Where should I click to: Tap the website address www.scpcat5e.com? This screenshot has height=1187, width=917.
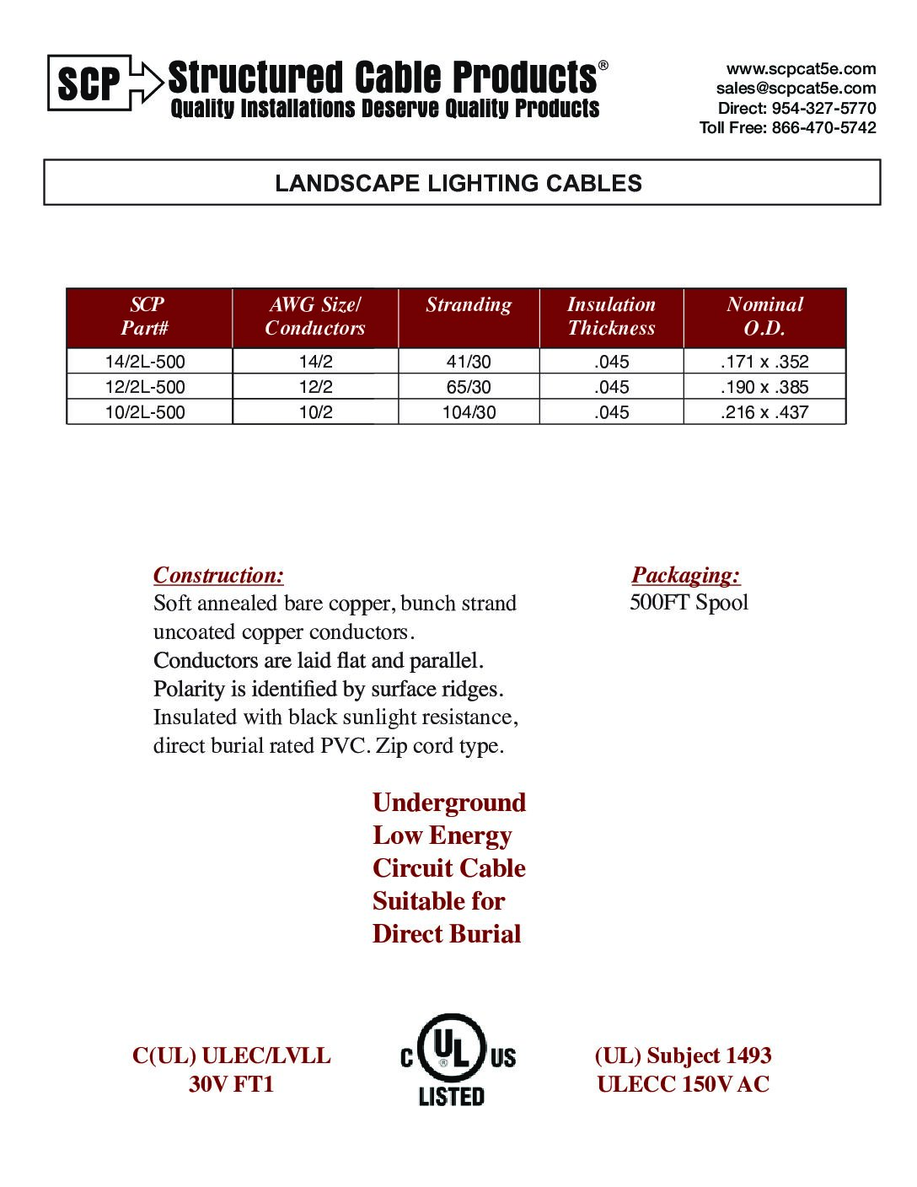(801, 69)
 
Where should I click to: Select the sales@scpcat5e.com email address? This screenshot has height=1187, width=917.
(796, 89)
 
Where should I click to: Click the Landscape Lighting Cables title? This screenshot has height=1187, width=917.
(458, 183)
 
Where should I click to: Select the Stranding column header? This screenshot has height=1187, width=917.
(469, 305)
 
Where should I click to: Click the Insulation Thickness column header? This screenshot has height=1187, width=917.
(611, 316)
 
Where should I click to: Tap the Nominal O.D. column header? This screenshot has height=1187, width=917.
(764, 316)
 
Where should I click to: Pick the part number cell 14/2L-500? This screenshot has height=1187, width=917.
(145, 362)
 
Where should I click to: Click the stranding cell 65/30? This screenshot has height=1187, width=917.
(469, 387)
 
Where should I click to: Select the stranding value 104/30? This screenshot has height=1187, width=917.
(469, 412)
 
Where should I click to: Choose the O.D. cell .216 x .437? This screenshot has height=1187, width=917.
(764, 412)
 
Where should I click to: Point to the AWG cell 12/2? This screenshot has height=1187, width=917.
(315, 387)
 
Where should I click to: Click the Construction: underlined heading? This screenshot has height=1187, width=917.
(218, 576)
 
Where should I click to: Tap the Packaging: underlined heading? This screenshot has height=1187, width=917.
(686, 575)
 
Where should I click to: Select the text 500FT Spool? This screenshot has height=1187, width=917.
(689, 603)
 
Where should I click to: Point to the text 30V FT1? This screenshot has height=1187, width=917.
(232, 1084)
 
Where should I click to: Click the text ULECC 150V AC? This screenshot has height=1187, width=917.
(683, 1084)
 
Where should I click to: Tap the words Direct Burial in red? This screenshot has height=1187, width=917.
(447, 934)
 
